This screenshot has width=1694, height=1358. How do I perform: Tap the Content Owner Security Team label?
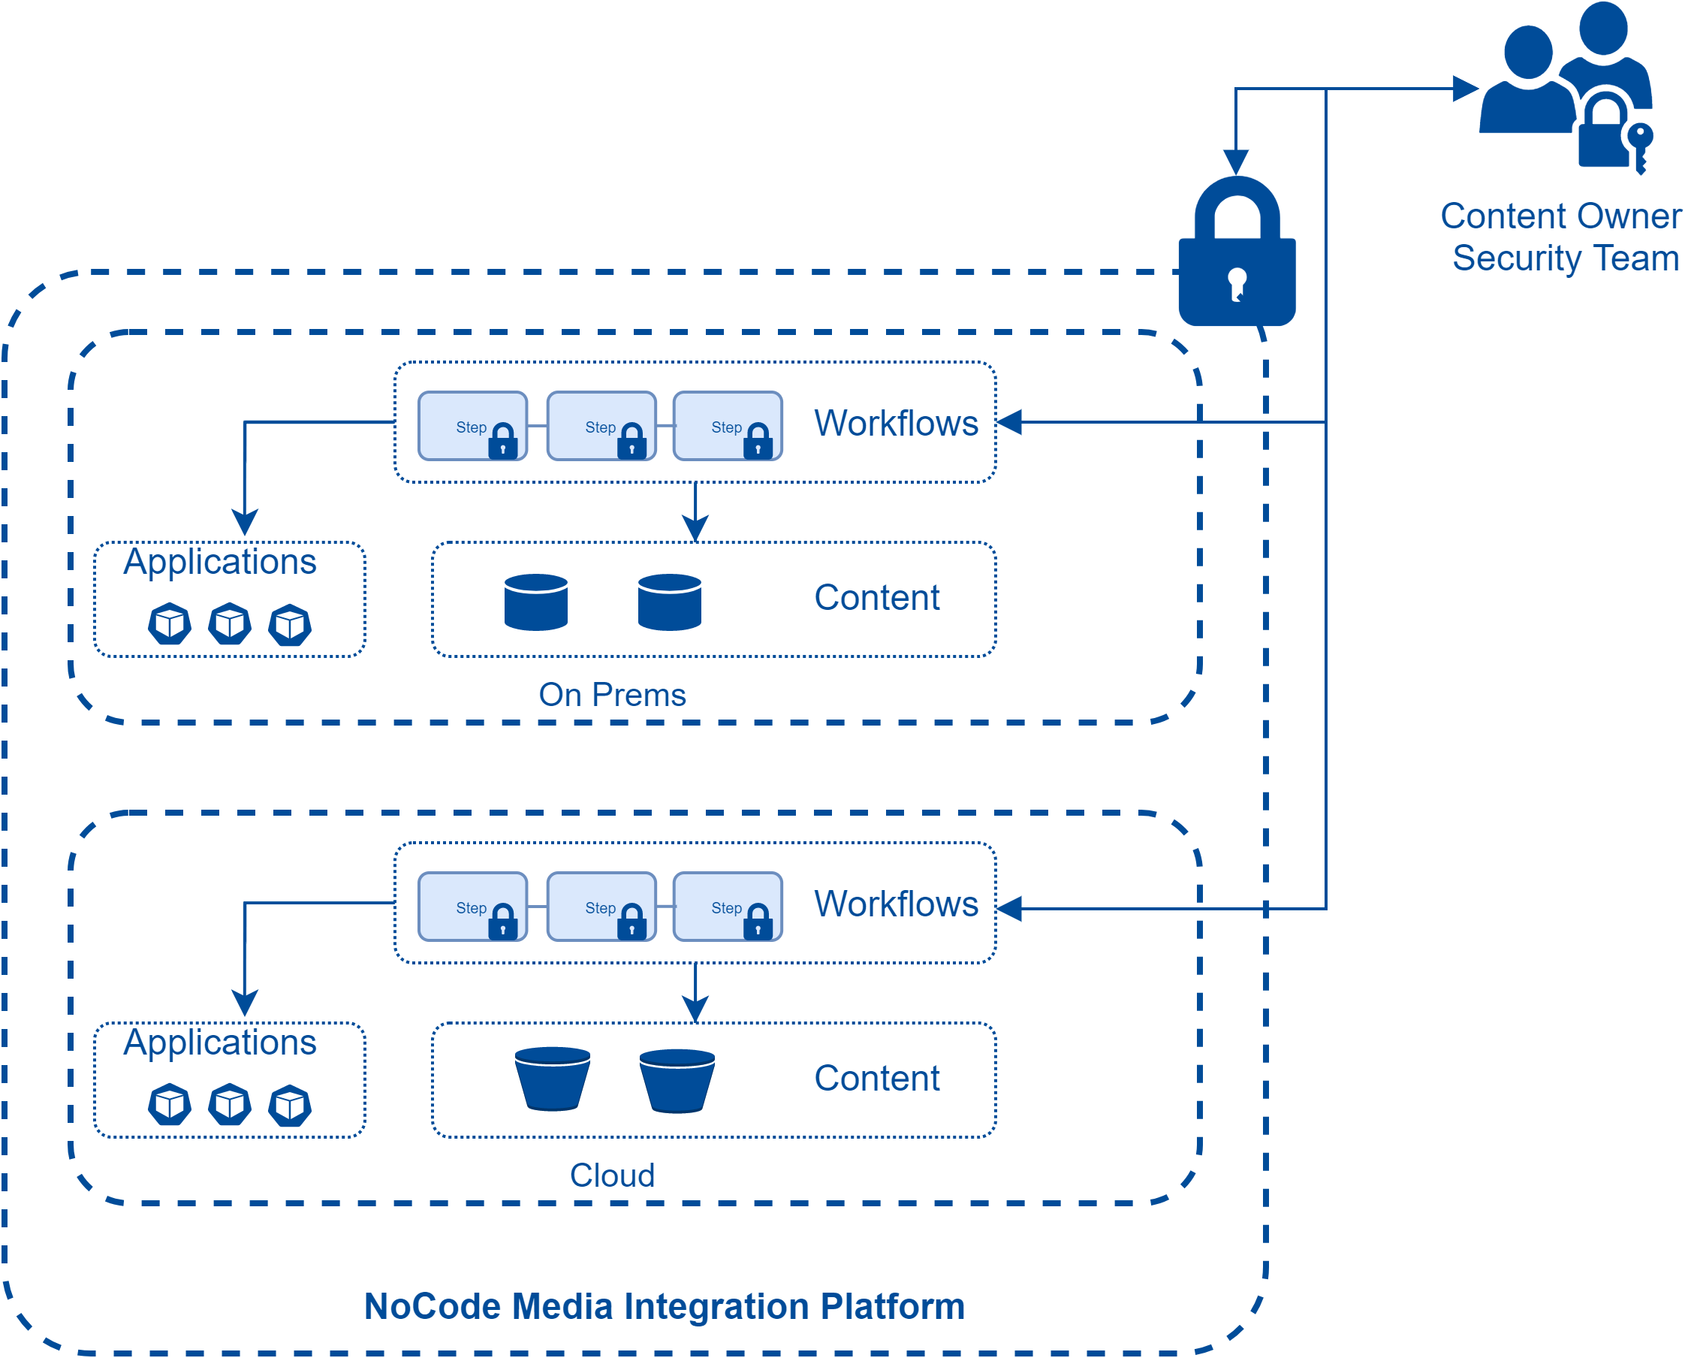(1562, 237)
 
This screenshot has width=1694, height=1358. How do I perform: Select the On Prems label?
(612, 695)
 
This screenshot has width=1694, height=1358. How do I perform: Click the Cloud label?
(612, 1175)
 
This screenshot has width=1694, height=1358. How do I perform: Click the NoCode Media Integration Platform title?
(665, 1306)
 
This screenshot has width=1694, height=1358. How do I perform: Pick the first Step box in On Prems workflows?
(472, 426)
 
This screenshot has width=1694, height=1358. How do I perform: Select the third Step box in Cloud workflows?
(728, 906)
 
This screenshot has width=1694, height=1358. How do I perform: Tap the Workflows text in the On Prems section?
(896, 424)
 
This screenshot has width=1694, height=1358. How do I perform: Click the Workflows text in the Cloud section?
(896, 904)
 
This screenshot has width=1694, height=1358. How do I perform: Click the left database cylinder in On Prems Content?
(536, 602)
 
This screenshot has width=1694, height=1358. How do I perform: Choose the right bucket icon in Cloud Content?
(677, 1081)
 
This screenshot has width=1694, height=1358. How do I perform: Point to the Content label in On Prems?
(877, 597)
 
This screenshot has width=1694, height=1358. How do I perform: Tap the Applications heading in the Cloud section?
(220, 1042)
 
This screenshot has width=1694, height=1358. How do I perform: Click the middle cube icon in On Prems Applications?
(230, 624)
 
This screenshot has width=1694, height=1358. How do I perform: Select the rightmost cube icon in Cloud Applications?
(290, 1105)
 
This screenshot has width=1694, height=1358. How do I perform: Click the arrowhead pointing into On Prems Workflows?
(1010, 422)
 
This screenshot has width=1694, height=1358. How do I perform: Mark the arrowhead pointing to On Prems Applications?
(245, 522)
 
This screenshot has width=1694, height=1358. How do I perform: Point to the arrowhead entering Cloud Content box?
(695, 1008)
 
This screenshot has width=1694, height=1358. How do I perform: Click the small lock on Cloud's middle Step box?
(631, 922)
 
